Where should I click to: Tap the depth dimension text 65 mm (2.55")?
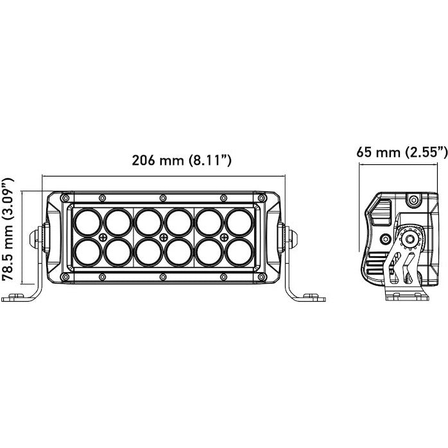click(x=402, y=152)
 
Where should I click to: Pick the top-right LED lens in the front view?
click(x=239, y=223)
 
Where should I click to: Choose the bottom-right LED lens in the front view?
click(x=239, y=251)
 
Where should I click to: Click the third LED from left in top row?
click(x=148, y=223)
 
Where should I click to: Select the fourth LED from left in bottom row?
click(x=178, y=251)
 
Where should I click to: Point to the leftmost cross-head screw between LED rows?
click(x=103, y=237)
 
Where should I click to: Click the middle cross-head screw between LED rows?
click(x=163, y=237)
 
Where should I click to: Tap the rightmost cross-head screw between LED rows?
click(x=224, y=237)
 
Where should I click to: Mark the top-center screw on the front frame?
click(x=163, y=197)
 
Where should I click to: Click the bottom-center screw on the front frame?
click(x=163, y=277)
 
